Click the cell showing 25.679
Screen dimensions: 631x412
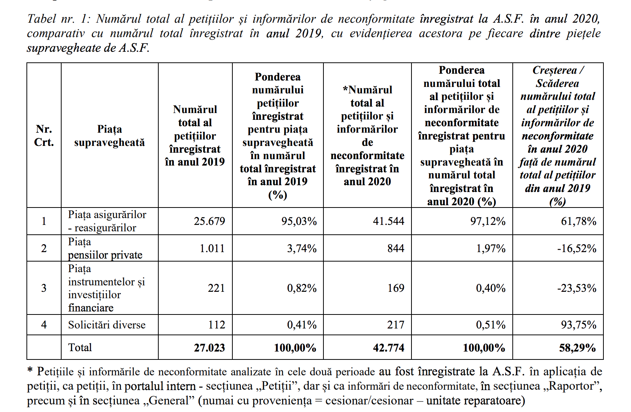[209, 221]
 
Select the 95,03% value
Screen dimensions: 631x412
[299, 221]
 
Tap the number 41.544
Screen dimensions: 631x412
[388, 221]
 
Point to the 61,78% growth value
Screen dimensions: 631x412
[578, 221]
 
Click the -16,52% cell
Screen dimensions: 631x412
[577, 248]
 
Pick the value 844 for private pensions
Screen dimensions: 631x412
[396, 248]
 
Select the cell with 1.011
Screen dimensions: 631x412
[212, 248]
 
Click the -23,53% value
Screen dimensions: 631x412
[577, 288]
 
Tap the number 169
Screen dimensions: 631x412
[396, 288]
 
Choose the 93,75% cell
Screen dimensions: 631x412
[578, 325]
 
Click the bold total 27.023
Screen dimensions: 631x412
[209, 348]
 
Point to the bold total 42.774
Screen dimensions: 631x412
[388, 348]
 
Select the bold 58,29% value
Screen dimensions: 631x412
[577, 348]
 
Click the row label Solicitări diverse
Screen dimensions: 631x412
[107, 325]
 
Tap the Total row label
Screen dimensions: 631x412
[80, 347]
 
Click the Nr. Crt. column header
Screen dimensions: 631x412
[44, 136]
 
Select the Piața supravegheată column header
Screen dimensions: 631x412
[110, 136]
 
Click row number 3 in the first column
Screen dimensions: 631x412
[44, 288]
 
